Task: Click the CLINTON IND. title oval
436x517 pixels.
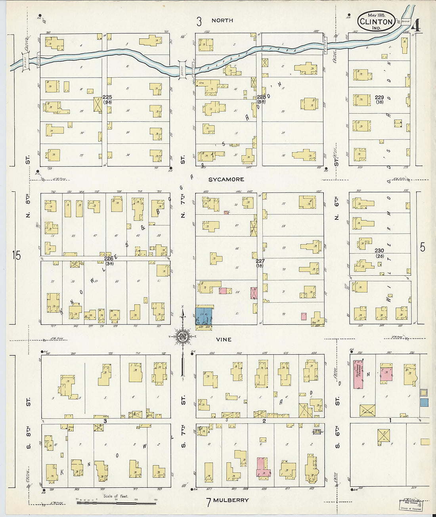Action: [377, 22]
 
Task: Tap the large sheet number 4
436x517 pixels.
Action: [416, 26]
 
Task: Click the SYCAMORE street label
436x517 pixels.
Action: [226, 179]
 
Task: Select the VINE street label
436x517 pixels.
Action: [224, 340]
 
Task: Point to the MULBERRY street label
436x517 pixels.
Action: [231, 500]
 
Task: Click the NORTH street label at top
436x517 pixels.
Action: [222, 20]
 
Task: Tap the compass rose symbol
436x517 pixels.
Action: [183, 337]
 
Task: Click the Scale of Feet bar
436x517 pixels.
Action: [116, 503]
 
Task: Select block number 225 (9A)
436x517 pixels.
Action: [107, 99]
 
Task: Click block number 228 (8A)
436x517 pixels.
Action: [261, 99]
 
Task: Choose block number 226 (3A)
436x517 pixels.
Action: [109, 261]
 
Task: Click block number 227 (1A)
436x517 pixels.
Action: [260, 263]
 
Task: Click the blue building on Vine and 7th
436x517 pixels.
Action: [204, 316]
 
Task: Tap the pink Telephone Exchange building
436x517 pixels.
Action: [358, 374]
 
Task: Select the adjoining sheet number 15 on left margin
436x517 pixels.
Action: [16, 256]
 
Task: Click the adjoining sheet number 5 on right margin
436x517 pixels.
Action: [423, 247]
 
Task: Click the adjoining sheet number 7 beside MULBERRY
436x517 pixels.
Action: [208, 502]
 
